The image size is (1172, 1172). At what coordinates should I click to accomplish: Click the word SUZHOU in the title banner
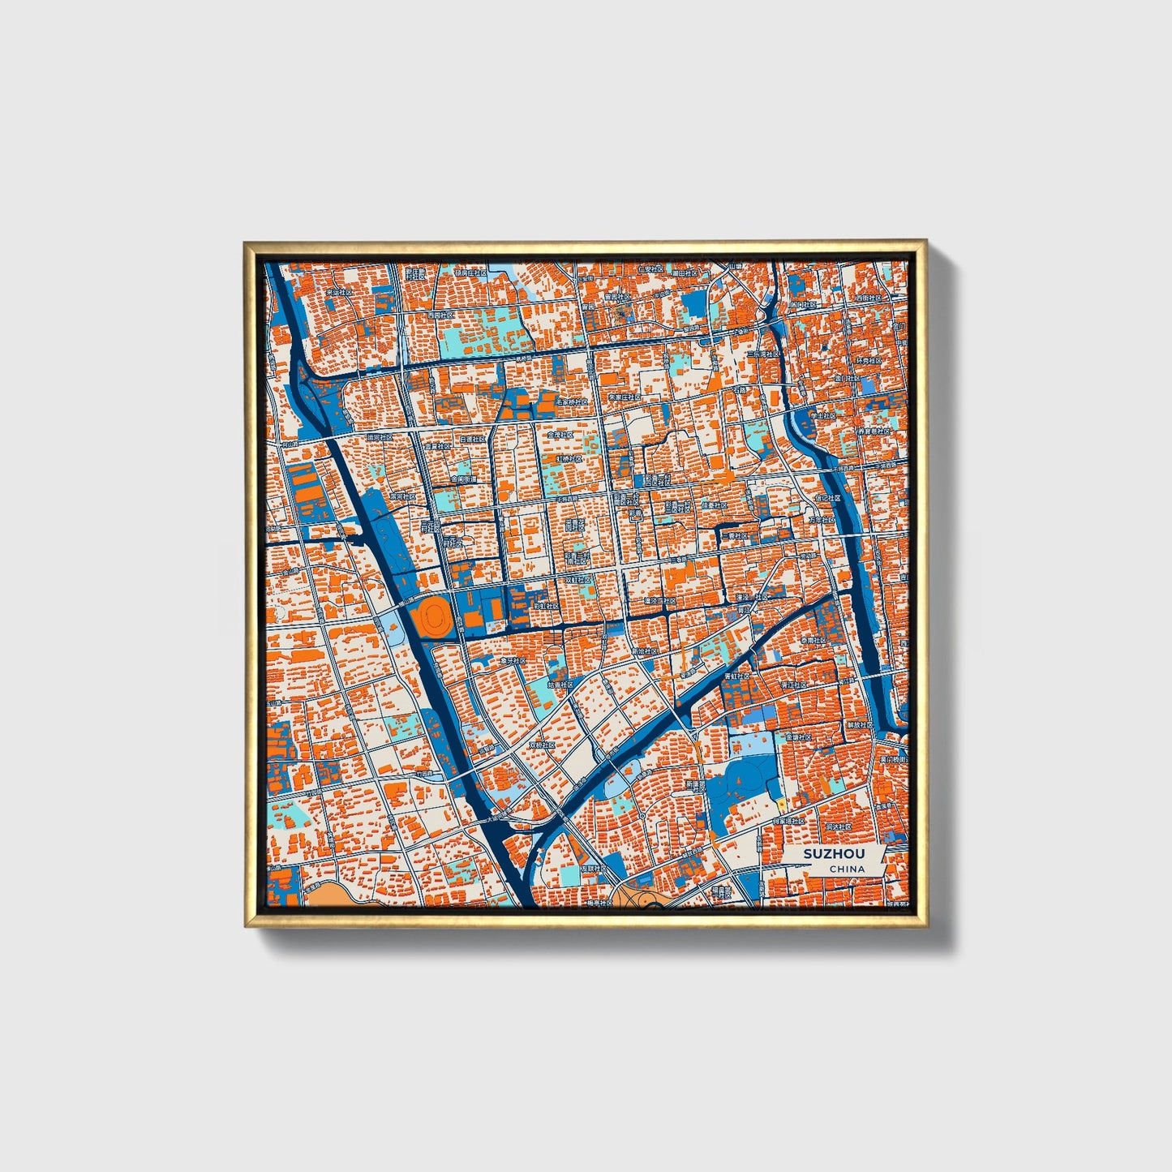pyautogui.click(x=834, y=854)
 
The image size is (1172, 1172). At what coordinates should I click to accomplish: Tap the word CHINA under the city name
pyautogui.click(x=846, y=869)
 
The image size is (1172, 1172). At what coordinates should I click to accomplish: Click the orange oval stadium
pyautogui.click(x=431, y=618)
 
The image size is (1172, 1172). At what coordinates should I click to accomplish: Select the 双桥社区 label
pyautogui.click(x=542, y=745)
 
